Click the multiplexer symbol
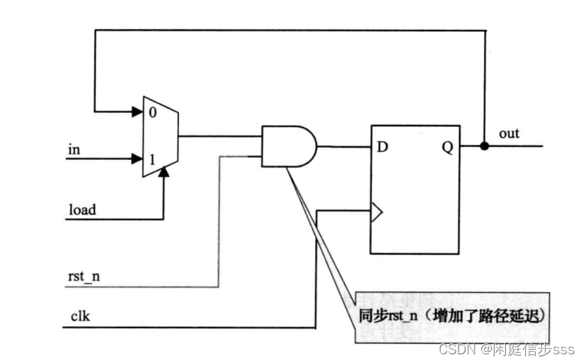click(160, 136)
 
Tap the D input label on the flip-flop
click(382, 147)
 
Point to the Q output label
click(448, 147)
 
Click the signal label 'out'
click(509, 134)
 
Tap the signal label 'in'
click(73, 149)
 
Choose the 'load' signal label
click(82, 210)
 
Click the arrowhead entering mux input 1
click(138, 158)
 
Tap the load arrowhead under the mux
click(163, 173)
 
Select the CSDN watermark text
click(506, 349)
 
